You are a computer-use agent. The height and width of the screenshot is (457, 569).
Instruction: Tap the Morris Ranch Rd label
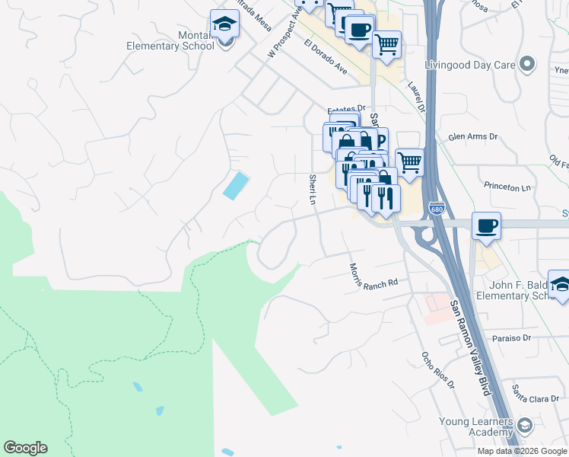tap(374, 276)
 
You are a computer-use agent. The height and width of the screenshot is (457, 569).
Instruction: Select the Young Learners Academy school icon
tap(524, 424)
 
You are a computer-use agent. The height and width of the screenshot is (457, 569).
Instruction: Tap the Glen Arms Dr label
tap(472, 136)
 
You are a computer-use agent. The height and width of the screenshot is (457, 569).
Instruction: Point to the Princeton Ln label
tap(507, 187)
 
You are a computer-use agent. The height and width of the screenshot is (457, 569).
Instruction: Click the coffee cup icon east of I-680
tap(486, 225)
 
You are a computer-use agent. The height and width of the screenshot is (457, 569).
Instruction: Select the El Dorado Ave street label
tap(326, 58)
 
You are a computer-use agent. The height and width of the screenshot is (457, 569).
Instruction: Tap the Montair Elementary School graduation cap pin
tap(224, 24)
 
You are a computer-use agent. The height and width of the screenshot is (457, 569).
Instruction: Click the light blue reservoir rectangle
tap(236, 185)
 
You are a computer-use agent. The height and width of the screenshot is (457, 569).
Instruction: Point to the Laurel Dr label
tap(415, 97)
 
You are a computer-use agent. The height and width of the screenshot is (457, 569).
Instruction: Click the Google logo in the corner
tap(25, 448)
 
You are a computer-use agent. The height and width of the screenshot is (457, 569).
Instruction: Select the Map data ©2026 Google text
tap(522, 451)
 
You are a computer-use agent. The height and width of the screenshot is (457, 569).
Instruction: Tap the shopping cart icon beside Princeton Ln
tap(409, 162)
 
